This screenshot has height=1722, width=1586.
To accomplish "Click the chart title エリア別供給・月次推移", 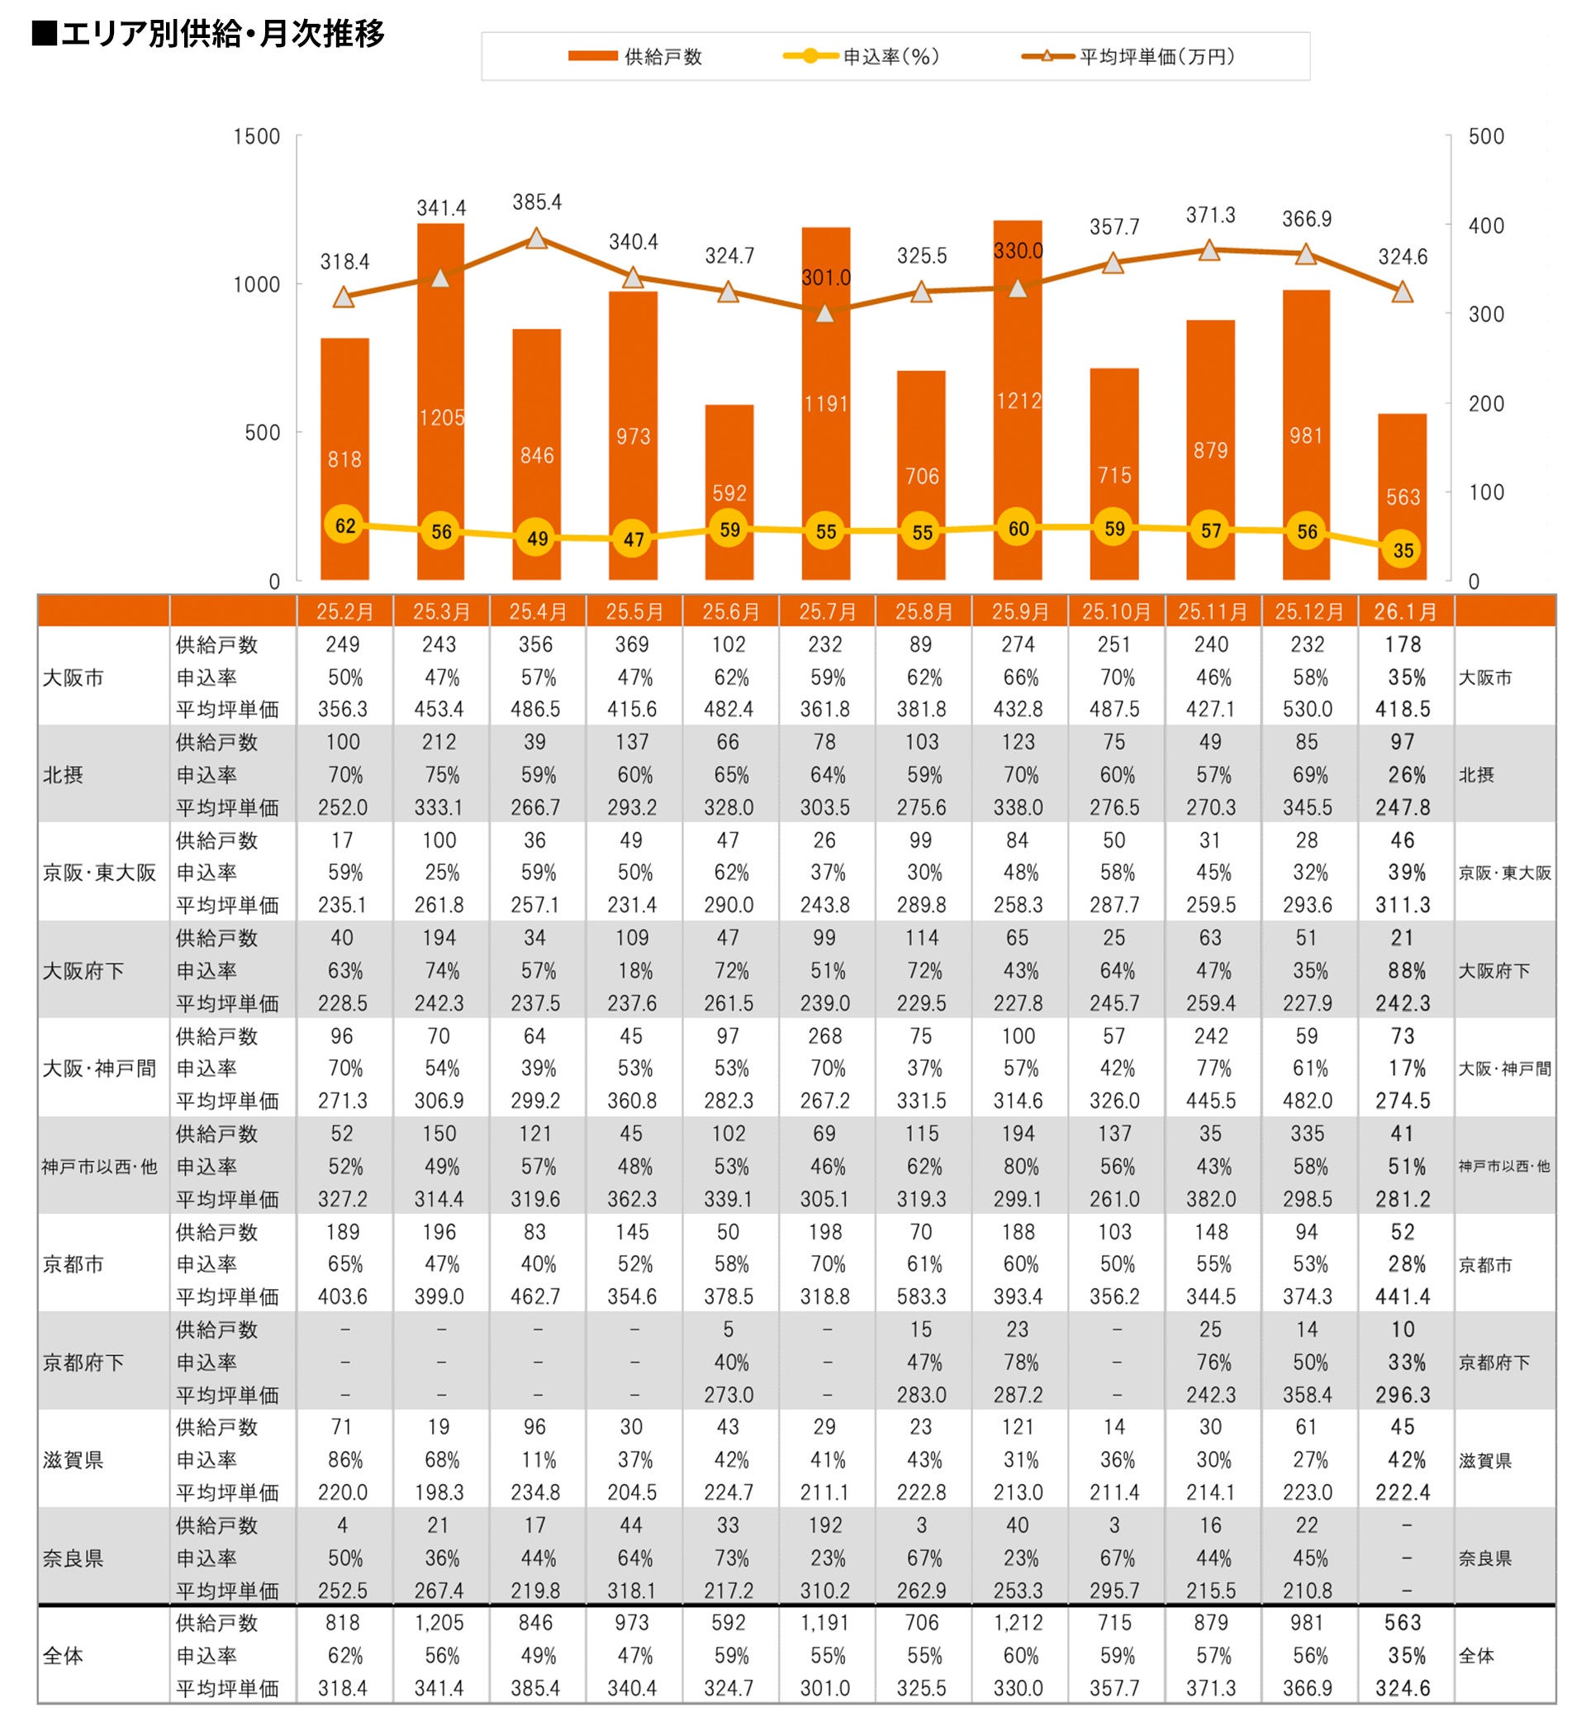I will click(x=208, y=35).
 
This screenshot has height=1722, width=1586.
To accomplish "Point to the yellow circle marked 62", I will click(x=345, y=526).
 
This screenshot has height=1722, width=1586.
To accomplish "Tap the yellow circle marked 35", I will click(x=1403, y=550).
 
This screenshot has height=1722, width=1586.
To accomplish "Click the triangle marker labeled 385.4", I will click(x=537, y=239).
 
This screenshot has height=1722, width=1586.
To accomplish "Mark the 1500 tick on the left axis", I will click(x=257, y=136).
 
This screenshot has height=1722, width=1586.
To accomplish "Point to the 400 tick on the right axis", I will click(x=1486, y=226).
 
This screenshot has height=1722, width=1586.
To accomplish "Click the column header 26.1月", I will click(x=1405, y=612).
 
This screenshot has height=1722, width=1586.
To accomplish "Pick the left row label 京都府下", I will click(x=83, y=1363).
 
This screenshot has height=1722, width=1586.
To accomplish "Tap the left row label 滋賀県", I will click(x=73, y=1460).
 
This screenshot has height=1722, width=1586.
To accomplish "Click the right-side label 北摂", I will click(x=1476, y=775).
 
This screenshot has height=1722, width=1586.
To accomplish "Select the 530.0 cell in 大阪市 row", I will click(x=1307, y=710).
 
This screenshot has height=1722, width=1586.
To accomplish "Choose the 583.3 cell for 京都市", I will click(x=921, y=1296).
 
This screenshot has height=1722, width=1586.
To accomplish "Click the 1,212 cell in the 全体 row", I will click(x=1018, y=1622).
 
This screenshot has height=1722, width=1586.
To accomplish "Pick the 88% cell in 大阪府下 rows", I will click(x=1405, y=971).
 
